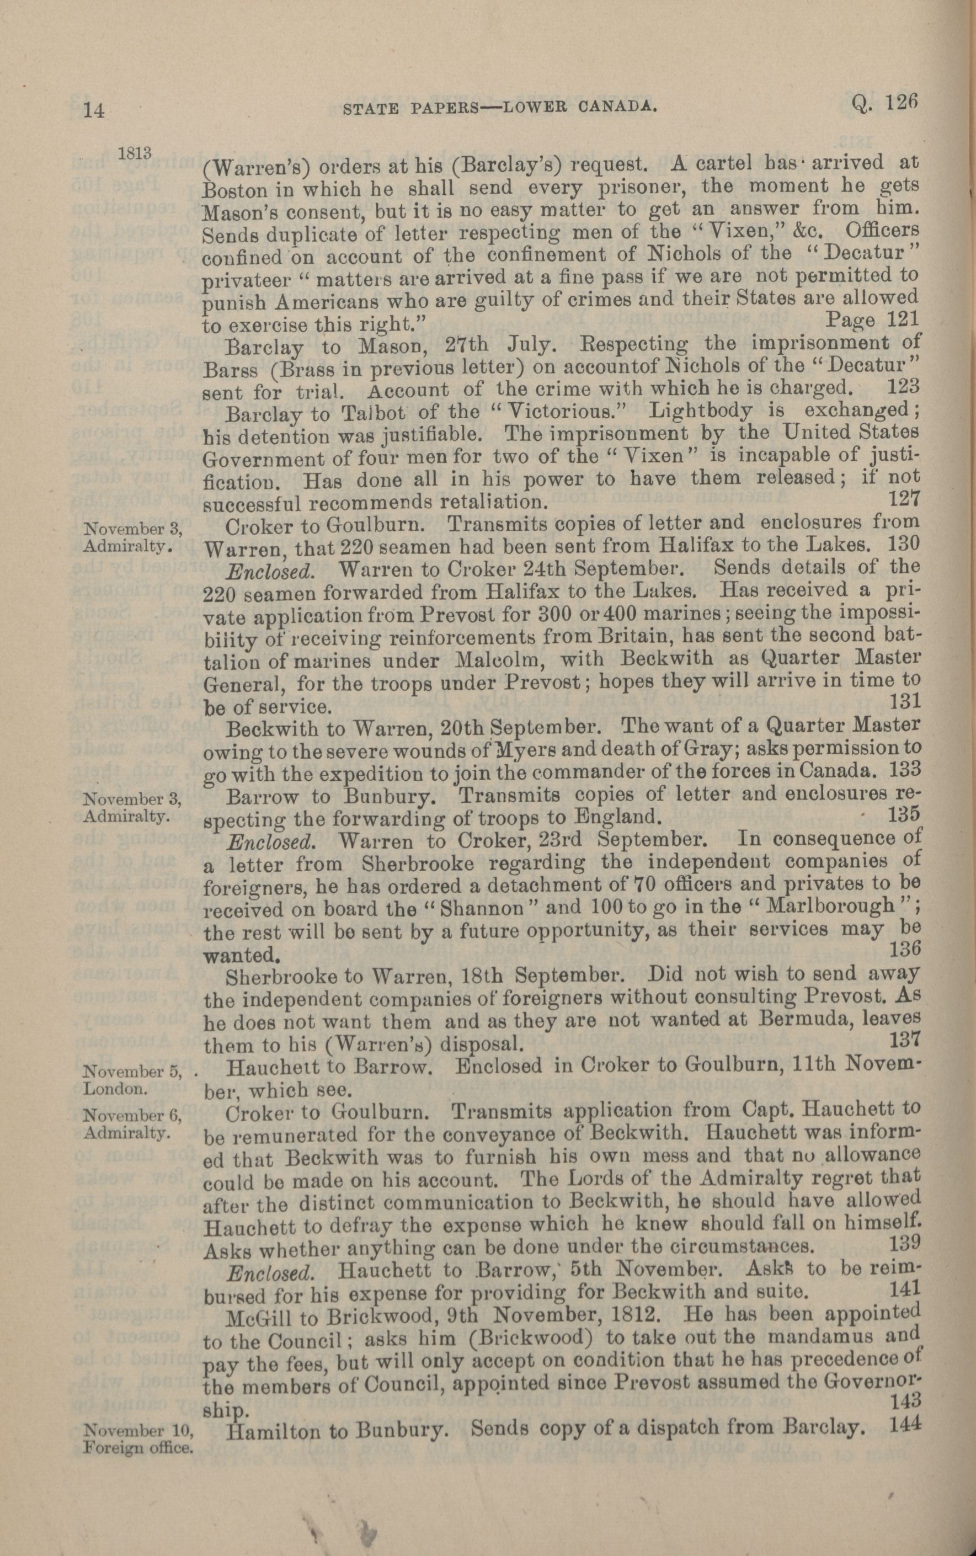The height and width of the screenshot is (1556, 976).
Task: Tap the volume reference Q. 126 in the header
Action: click(882, 103)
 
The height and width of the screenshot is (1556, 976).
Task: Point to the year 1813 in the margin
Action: click(134, 153)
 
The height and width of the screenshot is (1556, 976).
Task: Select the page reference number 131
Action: click(904, 700)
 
